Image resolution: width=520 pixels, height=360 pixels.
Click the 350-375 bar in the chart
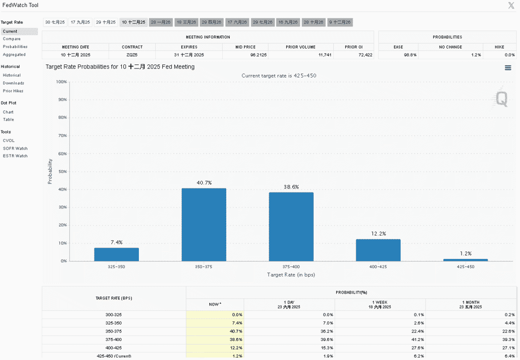204,224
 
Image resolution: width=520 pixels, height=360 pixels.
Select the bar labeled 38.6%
291,226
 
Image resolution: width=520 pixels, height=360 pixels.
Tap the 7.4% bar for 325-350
116,254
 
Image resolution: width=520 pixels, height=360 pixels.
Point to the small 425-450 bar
466,260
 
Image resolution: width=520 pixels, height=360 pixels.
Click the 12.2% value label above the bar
379,234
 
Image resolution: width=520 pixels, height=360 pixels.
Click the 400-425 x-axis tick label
378,266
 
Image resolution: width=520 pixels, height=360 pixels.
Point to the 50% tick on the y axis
62,171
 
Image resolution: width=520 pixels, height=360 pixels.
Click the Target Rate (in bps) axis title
291,274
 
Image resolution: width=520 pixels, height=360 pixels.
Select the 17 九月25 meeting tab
80,22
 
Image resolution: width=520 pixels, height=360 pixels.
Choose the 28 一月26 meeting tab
160,22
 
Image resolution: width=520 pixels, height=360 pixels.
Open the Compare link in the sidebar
11,39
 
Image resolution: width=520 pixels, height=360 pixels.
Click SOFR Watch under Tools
15,148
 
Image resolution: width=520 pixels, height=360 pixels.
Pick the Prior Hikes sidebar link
13,91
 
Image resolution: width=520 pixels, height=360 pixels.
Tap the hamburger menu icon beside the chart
508,67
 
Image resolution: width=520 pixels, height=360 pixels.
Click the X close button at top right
511,5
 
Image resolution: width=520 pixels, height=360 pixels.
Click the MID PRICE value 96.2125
258,55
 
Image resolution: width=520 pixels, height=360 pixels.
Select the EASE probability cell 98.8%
410,55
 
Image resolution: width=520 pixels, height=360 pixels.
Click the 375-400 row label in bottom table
113,339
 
